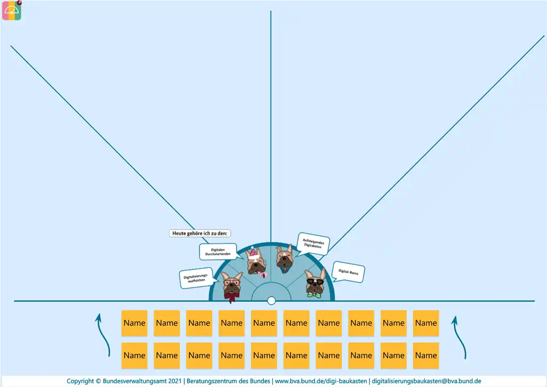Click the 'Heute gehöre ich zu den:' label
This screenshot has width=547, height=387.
[x=200, y=233]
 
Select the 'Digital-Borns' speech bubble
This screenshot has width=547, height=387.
[x=348, y=273]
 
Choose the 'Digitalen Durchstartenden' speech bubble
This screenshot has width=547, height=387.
[x=221, y=252]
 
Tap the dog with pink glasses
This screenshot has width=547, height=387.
[x=232, y=284]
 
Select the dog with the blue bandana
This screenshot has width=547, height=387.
[x=284, y=257]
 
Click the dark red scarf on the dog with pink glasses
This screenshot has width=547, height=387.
[x=231, y=297]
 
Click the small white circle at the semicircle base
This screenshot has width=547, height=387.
[x=271, y=301]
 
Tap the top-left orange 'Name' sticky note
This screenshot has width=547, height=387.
[x=134, y=323]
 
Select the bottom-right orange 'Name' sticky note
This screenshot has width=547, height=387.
[x=426, y=356]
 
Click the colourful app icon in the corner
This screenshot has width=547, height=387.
[x=12, y=10]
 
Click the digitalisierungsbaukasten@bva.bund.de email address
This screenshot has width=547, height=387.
[x=427, y=381]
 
